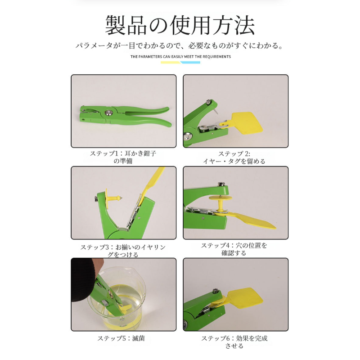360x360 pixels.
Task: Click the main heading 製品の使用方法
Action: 180,25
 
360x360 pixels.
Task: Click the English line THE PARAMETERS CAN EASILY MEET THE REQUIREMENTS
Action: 181,57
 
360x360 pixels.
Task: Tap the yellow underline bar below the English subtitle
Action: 171,63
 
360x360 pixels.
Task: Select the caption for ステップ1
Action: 123,157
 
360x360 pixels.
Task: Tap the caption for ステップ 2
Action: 234,157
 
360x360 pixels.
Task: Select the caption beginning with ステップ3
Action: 123,251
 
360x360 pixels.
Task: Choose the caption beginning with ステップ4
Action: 234,249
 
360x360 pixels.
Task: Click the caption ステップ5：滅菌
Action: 121,338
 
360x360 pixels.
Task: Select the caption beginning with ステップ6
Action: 234,342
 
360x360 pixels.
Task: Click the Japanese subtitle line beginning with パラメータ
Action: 180,45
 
